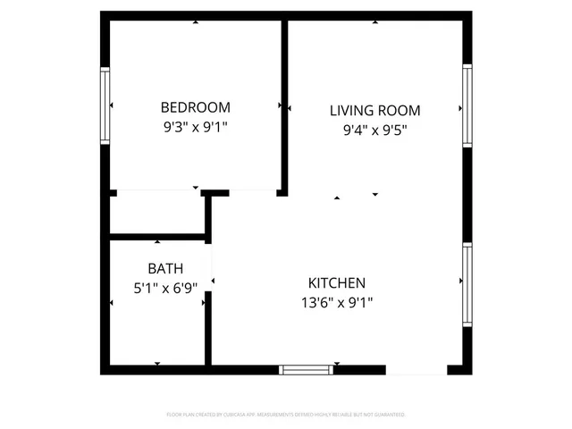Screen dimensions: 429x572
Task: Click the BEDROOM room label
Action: [x=195, y=106]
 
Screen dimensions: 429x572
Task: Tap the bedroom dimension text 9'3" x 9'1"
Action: [x=195, y=127]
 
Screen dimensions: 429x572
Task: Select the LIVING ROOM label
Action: [x=374, y=111]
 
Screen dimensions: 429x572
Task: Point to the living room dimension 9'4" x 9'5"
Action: [x=374, y=130]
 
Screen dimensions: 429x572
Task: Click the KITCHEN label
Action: [x=337, y=282]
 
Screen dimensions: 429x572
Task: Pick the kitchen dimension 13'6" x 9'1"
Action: [x=337, y=302]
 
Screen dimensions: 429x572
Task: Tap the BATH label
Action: [x=165, y=268]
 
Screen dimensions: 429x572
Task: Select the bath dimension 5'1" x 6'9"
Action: [x=165, y=288]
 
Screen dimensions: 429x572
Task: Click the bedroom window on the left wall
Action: [x=105, y=107]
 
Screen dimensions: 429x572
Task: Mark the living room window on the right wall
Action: [x=467, y=106]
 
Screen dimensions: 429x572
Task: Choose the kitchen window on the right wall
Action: [x=467, y=286]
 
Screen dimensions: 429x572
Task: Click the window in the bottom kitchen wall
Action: [x=307, y=369]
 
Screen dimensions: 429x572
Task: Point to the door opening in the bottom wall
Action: [x=416, y=369]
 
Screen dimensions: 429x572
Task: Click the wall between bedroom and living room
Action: [x=285, y=105]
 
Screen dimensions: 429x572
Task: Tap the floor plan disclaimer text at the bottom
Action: [x=286, y=415]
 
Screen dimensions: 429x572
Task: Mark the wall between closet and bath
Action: [x=157, y=238]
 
